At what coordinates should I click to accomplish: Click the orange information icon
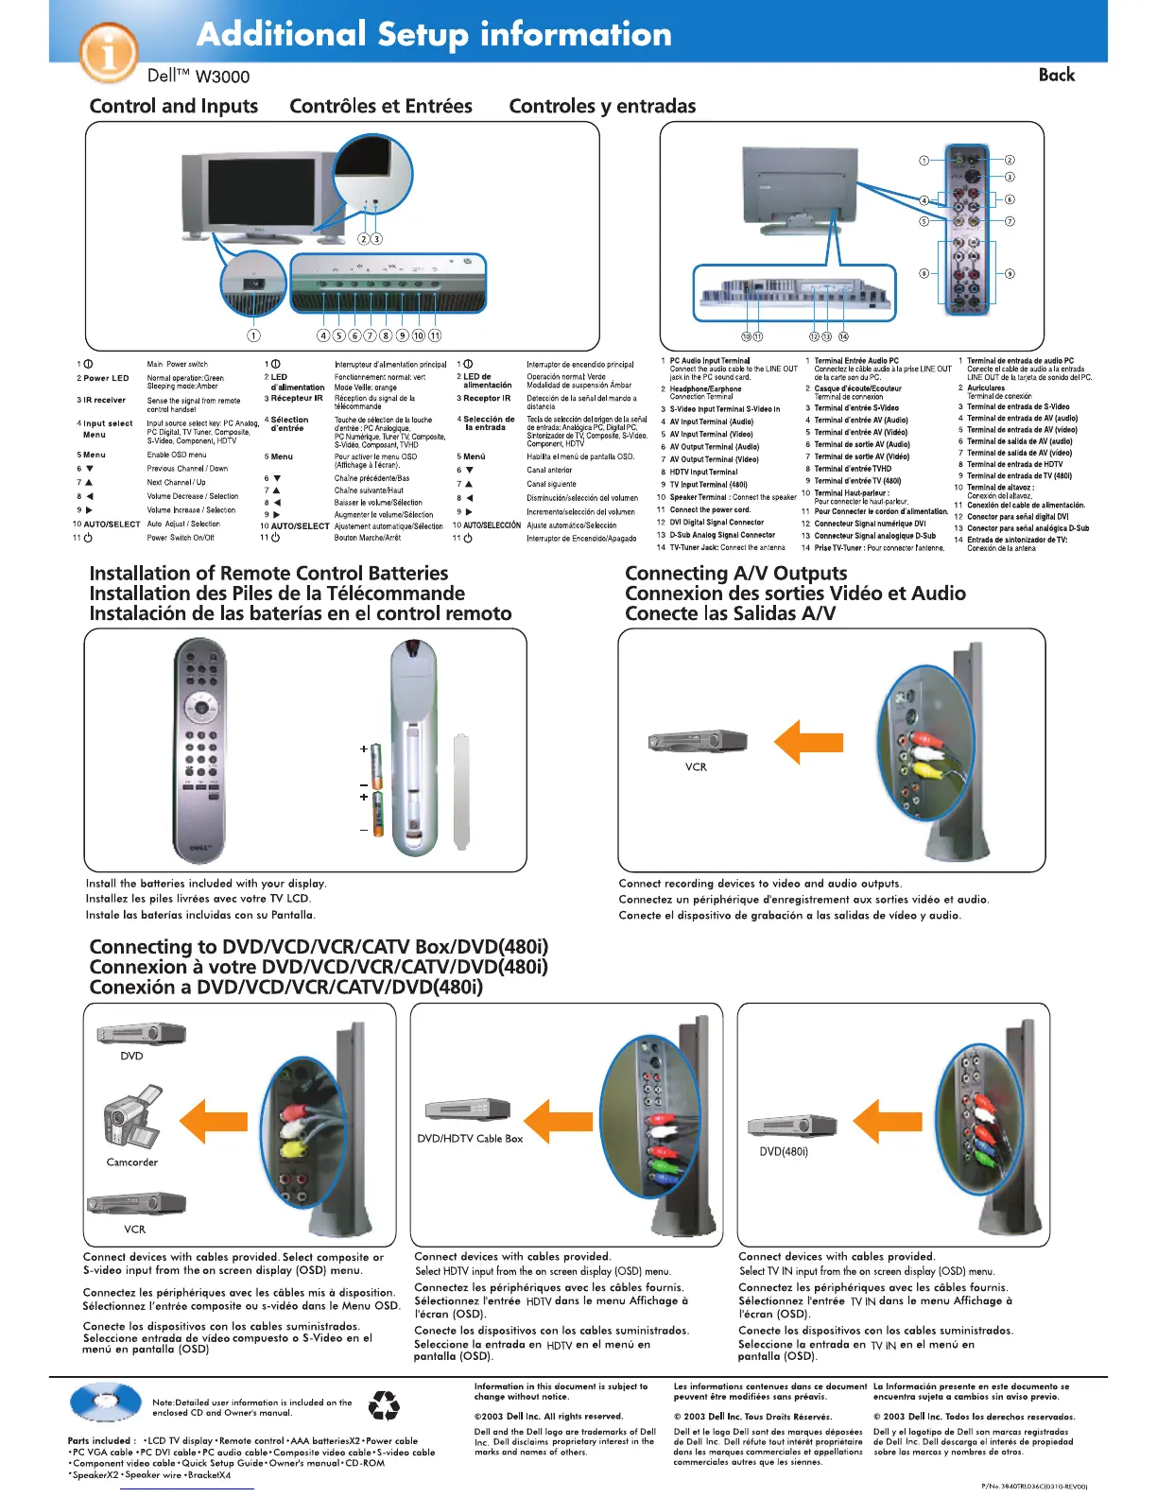109,52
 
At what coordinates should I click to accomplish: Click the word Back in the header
1056,76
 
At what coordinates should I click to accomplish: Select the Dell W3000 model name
199,77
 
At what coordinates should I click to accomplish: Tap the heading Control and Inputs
174,106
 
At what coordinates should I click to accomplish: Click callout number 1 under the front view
253,335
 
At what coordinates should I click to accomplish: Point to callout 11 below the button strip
435,335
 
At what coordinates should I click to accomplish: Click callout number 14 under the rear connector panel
843,336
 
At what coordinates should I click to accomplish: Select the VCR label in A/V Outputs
696,767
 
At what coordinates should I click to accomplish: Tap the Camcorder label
132,1162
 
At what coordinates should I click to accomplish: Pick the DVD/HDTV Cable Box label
470,1139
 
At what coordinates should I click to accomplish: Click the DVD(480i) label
784,1152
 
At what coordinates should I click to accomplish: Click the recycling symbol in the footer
384,1405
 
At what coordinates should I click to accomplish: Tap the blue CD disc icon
105,1402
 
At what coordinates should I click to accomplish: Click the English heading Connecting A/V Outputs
735,573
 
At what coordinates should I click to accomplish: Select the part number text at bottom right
1034,1487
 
